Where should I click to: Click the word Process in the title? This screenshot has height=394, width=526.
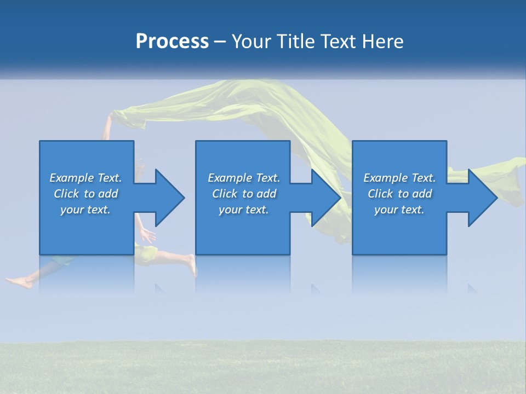(172, 42)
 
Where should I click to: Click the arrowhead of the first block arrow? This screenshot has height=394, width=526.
(170, 198)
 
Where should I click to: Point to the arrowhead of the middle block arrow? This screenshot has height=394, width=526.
(326, 198)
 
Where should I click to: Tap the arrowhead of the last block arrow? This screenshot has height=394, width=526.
(482, 198)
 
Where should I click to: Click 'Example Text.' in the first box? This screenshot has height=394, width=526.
(85, 178)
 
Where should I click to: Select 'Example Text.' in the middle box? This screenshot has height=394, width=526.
(244, 178)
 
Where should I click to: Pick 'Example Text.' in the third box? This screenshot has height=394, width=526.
(399, 178)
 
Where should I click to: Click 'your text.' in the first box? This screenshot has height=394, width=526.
(85, 210)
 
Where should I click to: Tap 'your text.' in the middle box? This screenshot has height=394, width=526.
(244, 210)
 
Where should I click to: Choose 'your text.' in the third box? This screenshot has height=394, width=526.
(399, 210)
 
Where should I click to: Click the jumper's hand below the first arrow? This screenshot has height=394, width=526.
(147, 236)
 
